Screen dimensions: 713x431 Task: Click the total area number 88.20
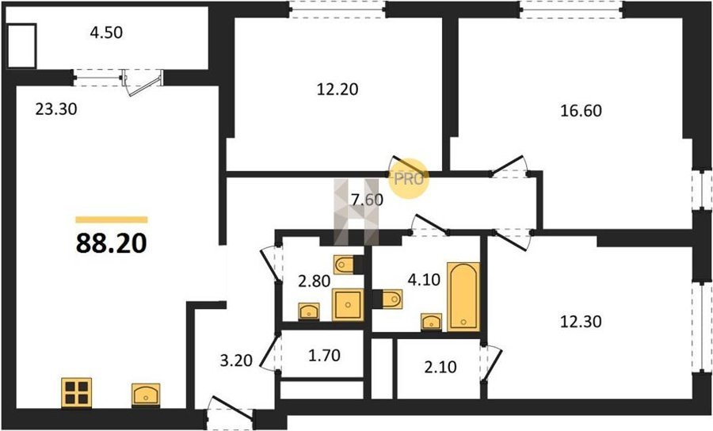coord(111,243)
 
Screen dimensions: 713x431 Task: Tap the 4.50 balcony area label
coord(106,32)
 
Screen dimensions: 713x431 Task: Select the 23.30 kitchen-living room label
coord(56,109)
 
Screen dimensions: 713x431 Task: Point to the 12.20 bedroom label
coord(337,89)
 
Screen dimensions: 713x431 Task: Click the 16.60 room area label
coord(581,110)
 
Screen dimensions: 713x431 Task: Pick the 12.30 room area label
coord(581,322)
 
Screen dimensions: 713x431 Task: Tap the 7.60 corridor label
coord(367,200)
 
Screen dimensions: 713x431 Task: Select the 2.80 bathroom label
coord(315,281)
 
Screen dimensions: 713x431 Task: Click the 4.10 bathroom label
coord(424,280)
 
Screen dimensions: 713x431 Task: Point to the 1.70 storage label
coord(324,355)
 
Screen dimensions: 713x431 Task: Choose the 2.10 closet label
coord(440,367)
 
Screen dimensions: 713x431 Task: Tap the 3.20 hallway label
coord(236,360)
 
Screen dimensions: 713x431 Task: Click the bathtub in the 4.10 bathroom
coord(463,296)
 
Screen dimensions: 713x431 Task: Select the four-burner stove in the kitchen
coord(76,393)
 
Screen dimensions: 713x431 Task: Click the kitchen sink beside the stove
coord(146,395)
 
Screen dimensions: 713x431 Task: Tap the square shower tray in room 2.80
coord(348,304)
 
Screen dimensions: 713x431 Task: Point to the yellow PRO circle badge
coord(408,178)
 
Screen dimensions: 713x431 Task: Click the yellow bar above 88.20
coord(112,220)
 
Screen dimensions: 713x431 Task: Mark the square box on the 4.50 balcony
coord(21,45)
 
